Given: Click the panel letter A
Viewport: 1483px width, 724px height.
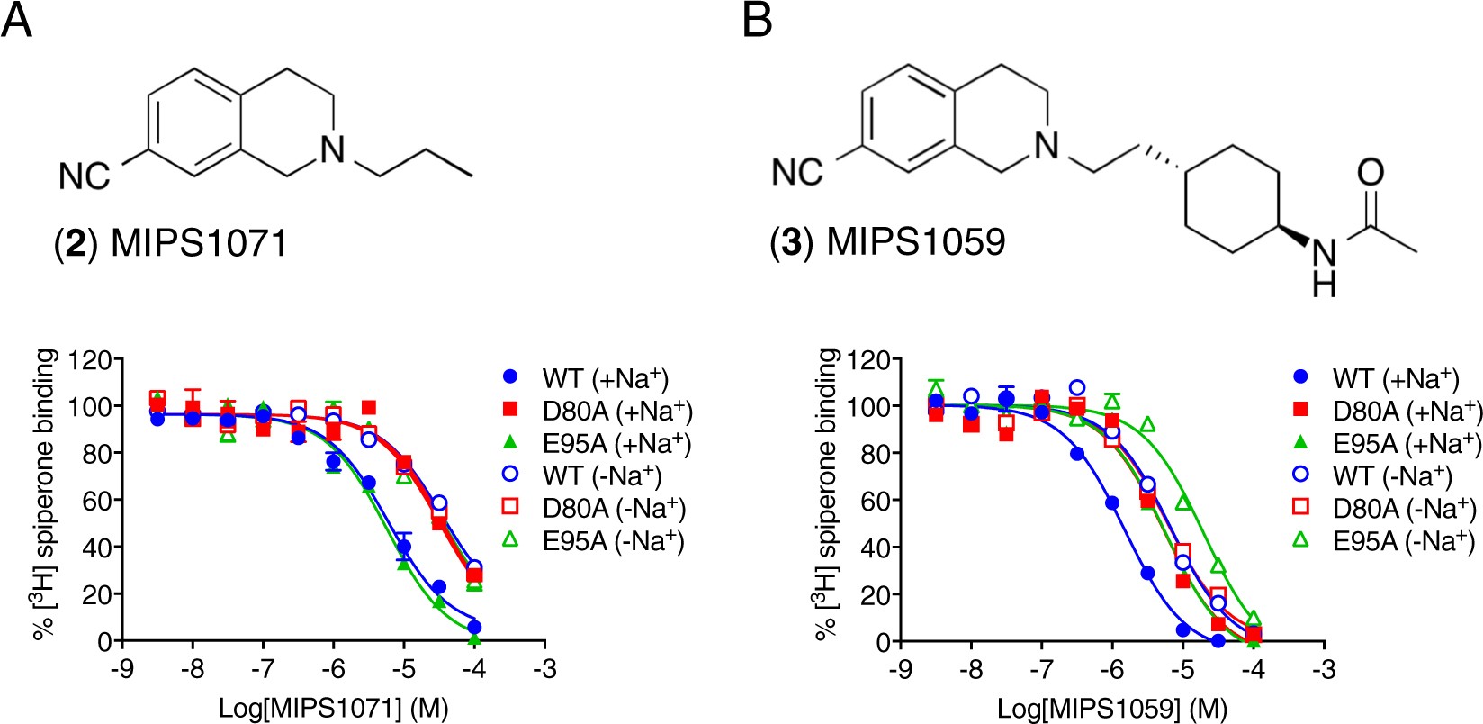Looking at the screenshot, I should click(x=17, y=20).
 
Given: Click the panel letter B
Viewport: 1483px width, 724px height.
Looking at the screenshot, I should click(x=757, y=20).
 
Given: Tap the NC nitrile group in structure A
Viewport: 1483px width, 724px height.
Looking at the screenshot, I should click(x=85, y=176).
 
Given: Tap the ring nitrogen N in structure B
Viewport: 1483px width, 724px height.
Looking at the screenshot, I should click(x=1047, y=145).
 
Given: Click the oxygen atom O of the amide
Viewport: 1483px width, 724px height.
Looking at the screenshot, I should click(x=1371, y=173).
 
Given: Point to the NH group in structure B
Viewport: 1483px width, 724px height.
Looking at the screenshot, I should click(x=1324, y=268).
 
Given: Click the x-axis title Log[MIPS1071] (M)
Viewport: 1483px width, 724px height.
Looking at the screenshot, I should click(x=333, y=709).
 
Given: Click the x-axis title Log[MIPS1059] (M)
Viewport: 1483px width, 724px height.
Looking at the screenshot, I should click(x=1111, y=709).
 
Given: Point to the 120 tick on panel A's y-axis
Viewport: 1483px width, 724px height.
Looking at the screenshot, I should click(x=94, y=360).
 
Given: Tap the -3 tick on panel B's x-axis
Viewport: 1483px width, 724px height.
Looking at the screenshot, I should click(x=1323, y=669).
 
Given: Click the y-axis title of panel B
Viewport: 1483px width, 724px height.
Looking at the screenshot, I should click(x=827, y=495).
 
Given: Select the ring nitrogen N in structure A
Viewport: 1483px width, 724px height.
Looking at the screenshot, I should click(x=333, y=149).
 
